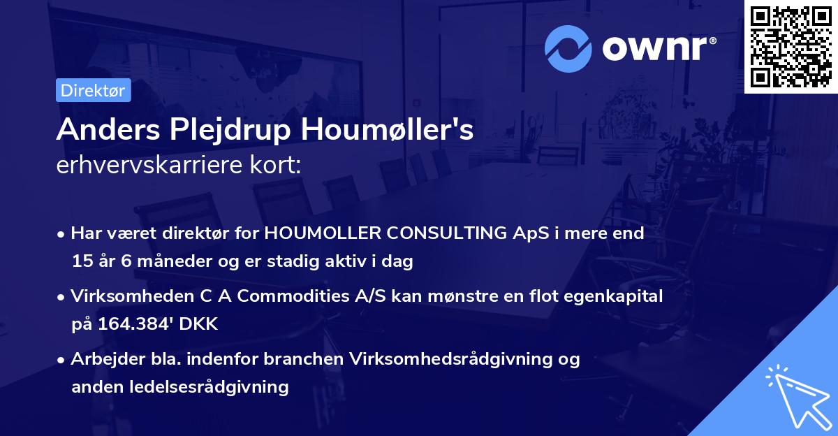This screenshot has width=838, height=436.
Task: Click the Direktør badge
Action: [x=93, y=90]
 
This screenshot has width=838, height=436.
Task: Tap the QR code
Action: [x=791, y=46]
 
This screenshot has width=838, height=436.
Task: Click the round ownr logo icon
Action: [x=568, y=49]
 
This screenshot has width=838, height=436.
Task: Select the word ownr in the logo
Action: [x=659, y=49]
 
